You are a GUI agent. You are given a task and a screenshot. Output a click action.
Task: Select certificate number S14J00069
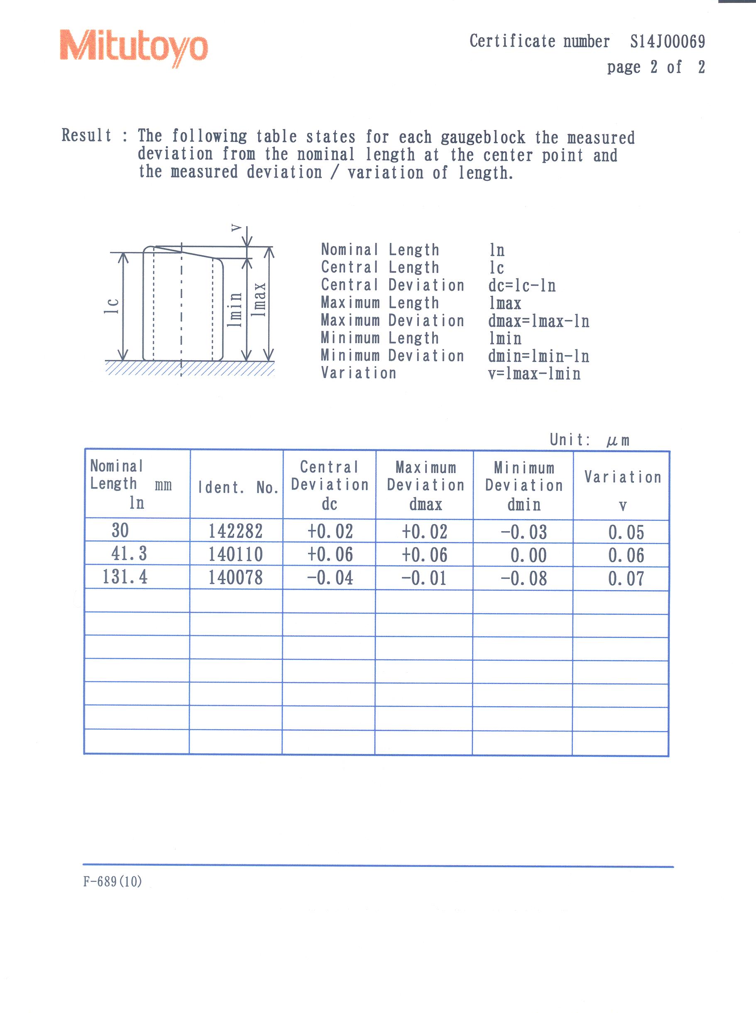pyautogui.click(x=667, y=41)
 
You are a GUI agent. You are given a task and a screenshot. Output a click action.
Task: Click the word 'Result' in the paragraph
pyautogui.click(x=86, y=135)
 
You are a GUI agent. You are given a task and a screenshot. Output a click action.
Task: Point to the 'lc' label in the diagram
pyautogui.click(x=112, y=305)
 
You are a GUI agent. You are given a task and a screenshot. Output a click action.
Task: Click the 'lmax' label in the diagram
pyautogui.click(x=259, y=300)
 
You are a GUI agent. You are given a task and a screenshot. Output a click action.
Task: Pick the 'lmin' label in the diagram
pyautogui.click(x=235, y=309)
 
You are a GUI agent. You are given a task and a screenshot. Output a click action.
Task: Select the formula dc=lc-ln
pyautogui.click(x=522, y=286)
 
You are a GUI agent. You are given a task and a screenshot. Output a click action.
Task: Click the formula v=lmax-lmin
pyautogui.click(x=534, y=373)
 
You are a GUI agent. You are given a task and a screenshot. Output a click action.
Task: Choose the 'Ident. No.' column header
pyautogui.click(x=238, y=488)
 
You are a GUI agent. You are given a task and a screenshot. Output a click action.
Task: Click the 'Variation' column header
pyautogui.click(x=622, y=477)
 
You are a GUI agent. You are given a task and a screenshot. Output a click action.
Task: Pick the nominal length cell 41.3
pyautogui.click(x=129, y=554)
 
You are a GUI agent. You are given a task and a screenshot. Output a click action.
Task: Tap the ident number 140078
pyautogui.click(x=236, y=578)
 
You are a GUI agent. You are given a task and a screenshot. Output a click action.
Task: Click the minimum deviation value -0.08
pyautogui.click(x=524, y=579)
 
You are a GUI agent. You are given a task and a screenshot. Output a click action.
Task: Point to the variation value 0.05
pyautogui.click(x=626, y=532)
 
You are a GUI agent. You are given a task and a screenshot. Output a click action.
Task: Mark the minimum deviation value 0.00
pyautogui.click(x=528, y=555)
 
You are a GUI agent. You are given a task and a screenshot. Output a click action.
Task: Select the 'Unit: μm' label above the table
pyautogui.click(x=590, y=440)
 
